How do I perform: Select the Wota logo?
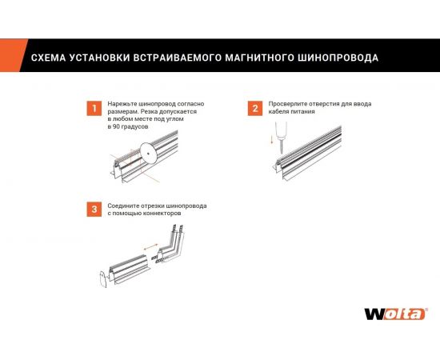(394, 314)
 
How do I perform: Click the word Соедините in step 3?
(122, 206)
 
